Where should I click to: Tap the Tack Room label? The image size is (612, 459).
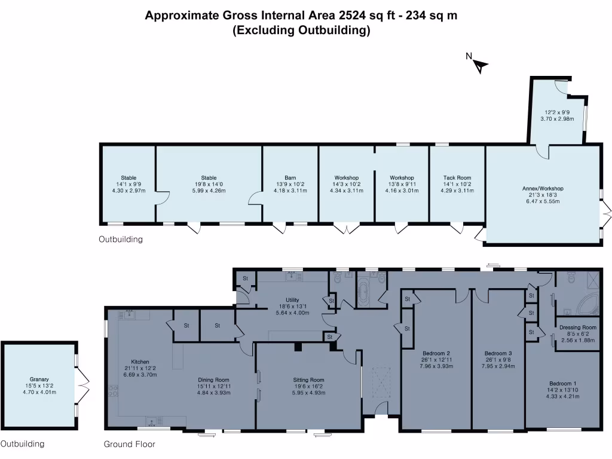457,178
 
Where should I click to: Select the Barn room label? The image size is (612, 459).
290,178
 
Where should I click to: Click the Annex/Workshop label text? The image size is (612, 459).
543,189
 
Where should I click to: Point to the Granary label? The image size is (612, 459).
39,379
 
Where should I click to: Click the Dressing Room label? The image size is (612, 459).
577,327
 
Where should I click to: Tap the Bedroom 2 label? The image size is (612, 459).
436,353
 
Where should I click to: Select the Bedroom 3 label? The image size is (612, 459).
498,353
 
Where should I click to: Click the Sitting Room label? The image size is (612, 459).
308,380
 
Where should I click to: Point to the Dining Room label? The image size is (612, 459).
213,380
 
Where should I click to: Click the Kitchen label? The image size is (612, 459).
140,362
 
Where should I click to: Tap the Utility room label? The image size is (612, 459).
292,300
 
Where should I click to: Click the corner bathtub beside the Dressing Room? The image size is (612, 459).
586,305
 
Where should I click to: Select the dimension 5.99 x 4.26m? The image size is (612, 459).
209,191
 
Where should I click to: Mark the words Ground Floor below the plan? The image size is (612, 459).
129,444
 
